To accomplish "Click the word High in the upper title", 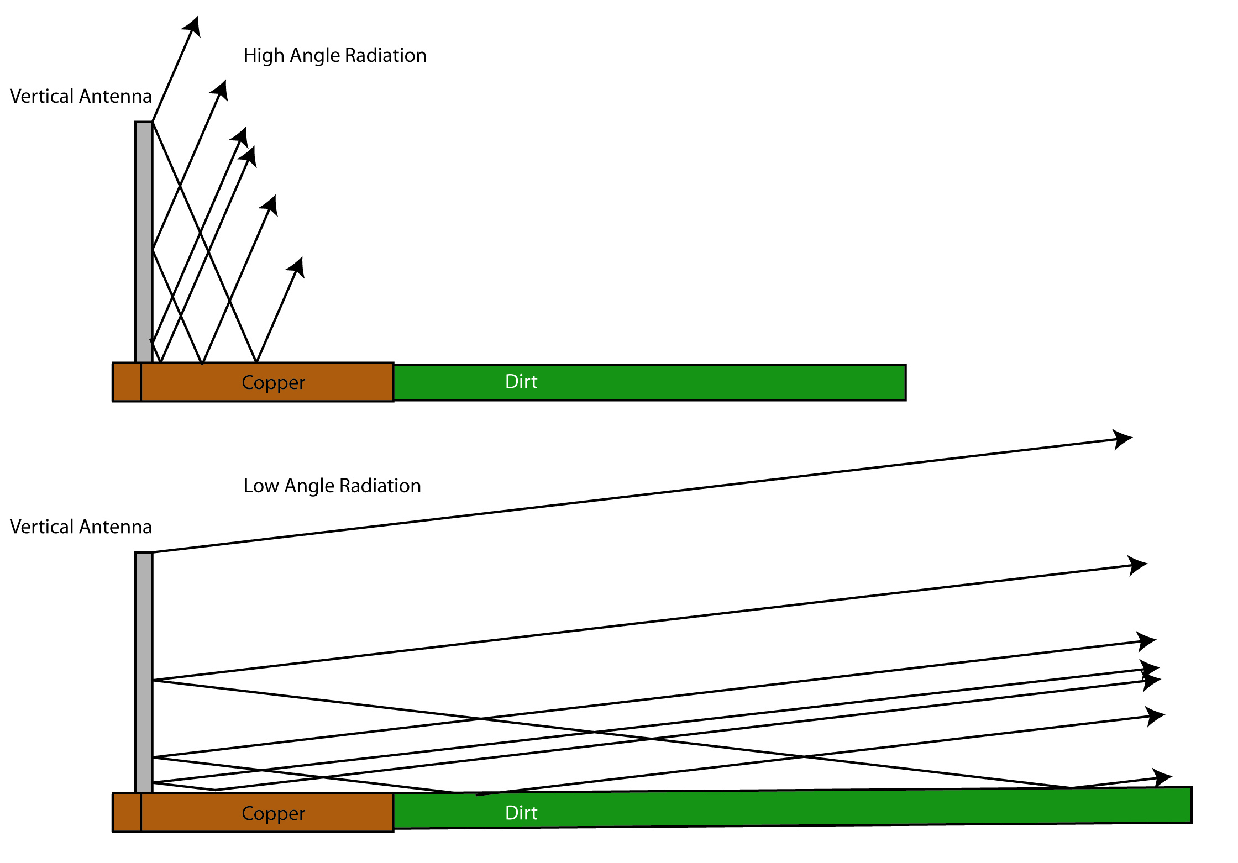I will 264,56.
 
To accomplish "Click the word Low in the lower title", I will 260,486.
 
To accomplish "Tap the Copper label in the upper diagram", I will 273,382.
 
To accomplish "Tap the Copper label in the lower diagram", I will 273,813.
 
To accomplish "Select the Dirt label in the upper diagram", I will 521,382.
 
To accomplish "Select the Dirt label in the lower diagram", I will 521,813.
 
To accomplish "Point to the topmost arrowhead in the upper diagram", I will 192,26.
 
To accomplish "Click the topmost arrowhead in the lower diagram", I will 1122,439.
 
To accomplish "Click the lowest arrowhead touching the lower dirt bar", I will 1162,777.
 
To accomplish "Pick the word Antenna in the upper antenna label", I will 123,96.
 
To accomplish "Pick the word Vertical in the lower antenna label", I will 41,527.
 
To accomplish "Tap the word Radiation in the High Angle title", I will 385,56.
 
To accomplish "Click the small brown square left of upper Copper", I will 127,382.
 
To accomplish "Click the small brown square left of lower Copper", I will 127,813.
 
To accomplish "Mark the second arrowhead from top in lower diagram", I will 1137,565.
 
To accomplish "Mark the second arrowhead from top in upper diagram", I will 221,90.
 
